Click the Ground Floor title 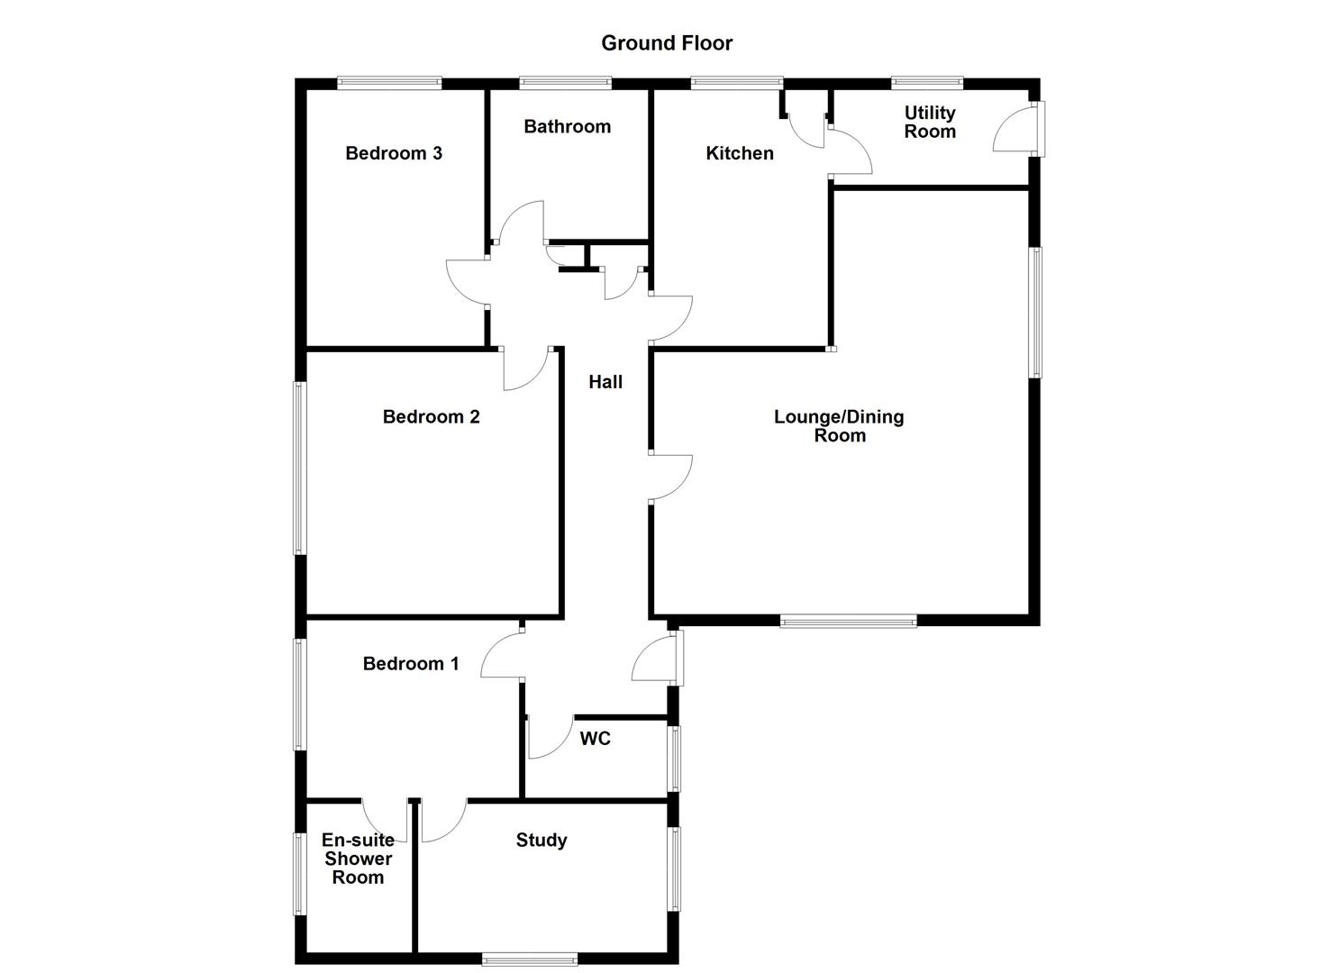667,42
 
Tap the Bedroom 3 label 394,153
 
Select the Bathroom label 567,126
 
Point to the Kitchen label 739,153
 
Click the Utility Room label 929,122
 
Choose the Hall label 605,382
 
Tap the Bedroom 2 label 431,416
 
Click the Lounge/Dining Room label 839,425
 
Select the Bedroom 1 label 411,664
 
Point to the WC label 595,739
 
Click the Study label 541,841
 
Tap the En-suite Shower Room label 358,859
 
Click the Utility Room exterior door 1016,129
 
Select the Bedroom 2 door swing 525,369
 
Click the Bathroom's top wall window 565,84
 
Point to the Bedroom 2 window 300,467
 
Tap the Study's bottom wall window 529,960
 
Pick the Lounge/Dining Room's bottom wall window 848,620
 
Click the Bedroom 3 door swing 467,282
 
